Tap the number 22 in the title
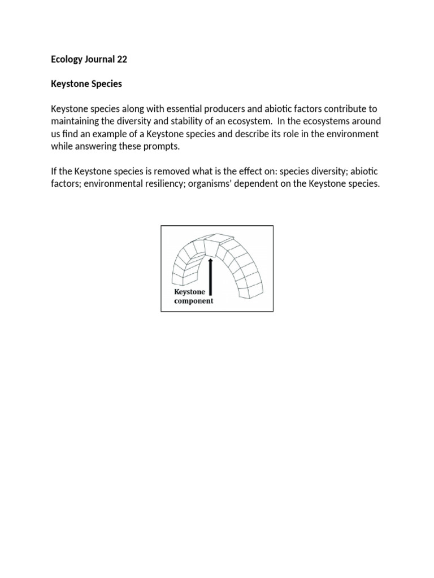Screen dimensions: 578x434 122,58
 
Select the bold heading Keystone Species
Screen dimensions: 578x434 86,84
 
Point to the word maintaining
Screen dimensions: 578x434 77,121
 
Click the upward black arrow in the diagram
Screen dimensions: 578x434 210,276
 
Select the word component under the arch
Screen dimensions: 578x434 193,301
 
